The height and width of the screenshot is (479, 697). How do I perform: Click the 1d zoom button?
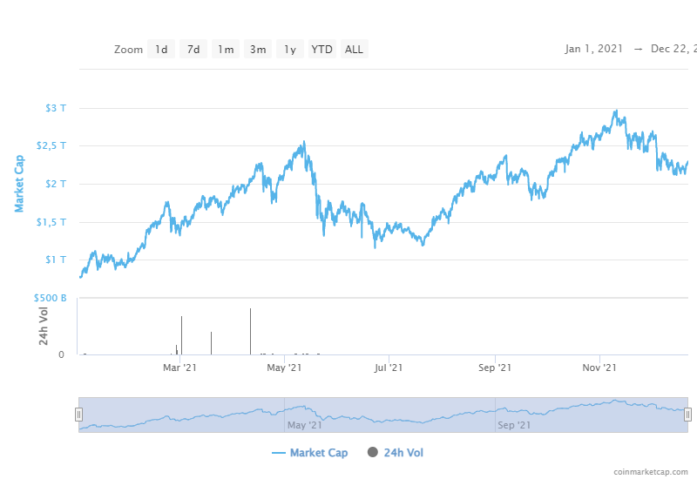[161, 50]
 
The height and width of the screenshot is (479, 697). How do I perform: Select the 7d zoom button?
[193, 50]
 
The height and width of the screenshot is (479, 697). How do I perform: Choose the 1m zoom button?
[226, 50]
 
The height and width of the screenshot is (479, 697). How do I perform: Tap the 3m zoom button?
[258, 50]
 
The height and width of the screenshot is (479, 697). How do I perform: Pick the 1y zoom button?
[290, 50]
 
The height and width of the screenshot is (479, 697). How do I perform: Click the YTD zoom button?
[322, 50]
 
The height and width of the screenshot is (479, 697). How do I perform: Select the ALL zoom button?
[354, 50]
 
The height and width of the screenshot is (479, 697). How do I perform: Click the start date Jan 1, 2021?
[594, 49]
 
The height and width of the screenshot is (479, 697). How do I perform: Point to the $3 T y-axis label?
[56, 108]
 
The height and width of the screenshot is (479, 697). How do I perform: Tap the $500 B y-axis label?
[51, 298]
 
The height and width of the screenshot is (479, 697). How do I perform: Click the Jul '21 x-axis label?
[389, 368]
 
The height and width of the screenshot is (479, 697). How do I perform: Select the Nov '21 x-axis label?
[599, 368]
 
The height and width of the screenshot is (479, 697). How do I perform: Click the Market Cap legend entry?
[310, 453]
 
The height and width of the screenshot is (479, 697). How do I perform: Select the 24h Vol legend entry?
[396, 453]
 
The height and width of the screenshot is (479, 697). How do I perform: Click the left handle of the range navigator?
[78, 415]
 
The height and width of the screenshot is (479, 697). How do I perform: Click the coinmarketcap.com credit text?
[653, 471]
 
